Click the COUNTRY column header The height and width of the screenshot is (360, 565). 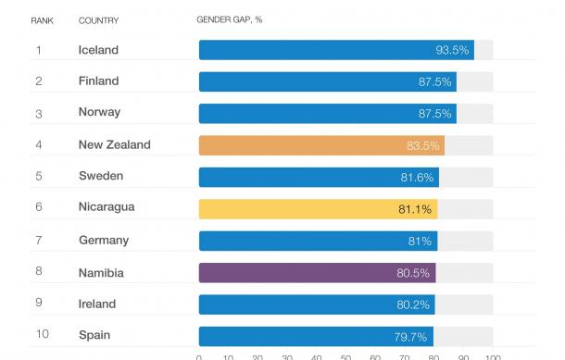pos(97,19)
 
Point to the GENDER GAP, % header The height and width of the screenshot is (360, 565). pos(231,19)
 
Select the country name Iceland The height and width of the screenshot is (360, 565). pos(99,50)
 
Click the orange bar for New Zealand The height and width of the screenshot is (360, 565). pos(320,145)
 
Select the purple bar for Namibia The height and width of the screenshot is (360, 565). pos(316,272)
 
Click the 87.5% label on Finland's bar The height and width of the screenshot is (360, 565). pos(435,81)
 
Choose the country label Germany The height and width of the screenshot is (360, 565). pos(104,241)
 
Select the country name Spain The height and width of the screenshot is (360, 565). pos(95,336)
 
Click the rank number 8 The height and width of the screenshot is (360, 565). pos(39,272)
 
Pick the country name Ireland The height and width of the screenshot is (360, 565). pos(97,304)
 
